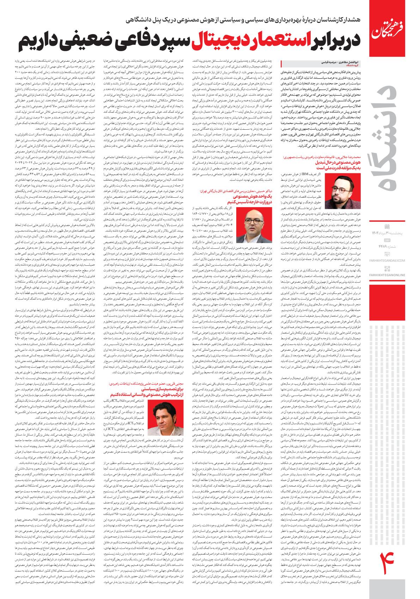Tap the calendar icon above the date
386,226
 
